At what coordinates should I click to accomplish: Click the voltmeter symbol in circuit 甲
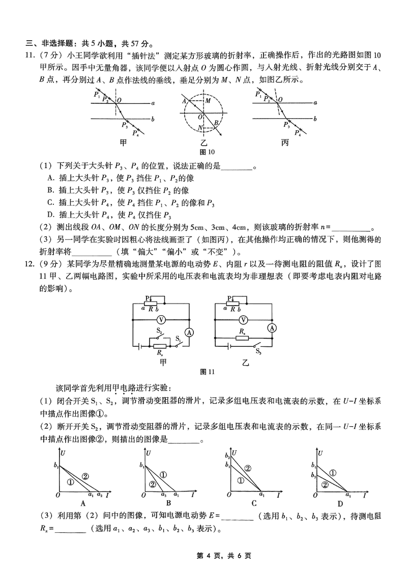point(160,320)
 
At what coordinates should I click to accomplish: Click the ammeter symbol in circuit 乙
point(272,328)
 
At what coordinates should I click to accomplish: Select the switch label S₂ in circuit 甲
point(159,331)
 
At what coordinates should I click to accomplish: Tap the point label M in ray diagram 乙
point(208,101)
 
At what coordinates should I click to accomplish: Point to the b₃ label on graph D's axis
point(314,476)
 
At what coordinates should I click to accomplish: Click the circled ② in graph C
point(248,469)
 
